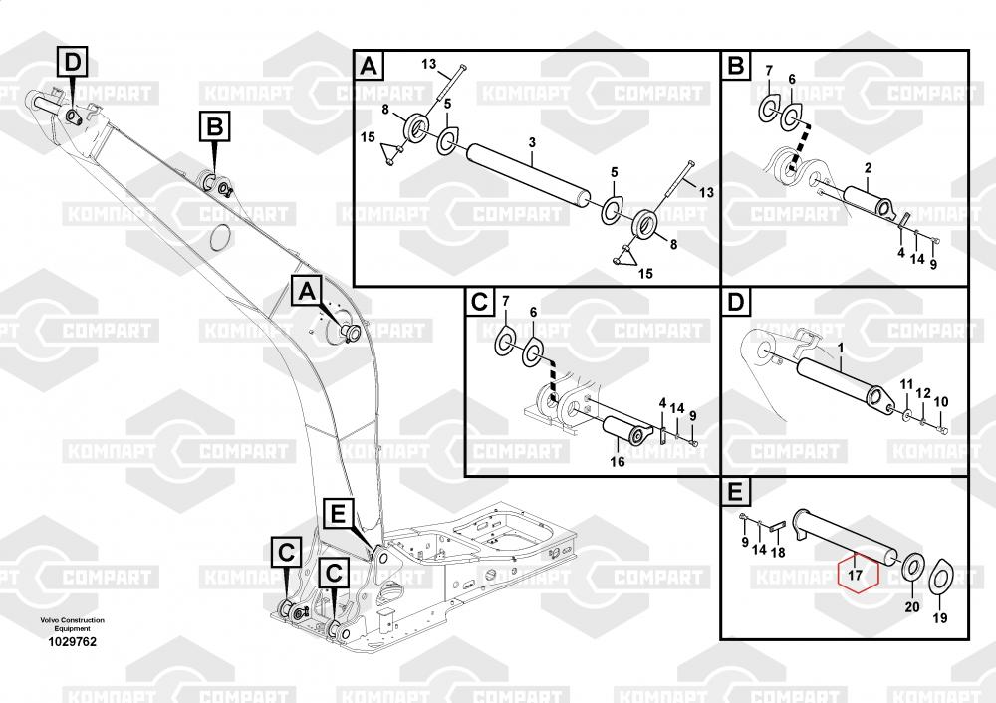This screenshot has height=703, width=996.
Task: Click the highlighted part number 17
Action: [x=855, y=575]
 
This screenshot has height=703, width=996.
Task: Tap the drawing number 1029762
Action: [x=73, y=642]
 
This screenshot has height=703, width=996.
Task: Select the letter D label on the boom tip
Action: [x=73, y=62]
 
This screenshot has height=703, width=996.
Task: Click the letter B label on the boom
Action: [x=215, y=126]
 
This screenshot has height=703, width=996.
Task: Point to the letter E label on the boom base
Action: [x=338, y=512]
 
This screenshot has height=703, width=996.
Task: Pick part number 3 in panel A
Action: [x=532, y=142]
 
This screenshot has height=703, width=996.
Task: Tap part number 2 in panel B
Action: [x=868, y=168]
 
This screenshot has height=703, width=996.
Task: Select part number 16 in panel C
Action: [x=618, y=462]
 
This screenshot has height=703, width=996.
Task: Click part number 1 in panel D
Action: [x=841, y=348]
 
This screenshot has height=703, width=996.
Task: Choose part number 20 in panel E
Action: [x=912, y=607]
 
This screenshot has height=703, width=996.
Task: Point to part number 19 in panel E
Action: [x=940, y=618]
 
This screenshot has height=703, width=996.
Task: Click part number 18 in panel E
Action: [x=778, y=552]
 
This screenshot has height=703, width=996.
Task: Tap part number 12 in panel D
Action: [x=923, y=393]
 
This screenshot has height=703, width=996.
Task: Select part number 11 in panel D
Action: [x=906, y=384]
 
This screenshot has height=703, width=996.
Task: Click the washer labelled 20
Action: [x=912, y=566]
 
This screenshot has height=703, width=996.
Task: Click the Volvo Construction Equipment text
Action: [x=73, y=624]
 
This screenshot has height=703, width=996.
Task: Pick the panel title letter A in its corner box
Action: [x=370, y=66]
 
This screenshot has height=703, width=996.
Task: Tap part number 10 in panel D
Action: [x=941, y=401]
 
